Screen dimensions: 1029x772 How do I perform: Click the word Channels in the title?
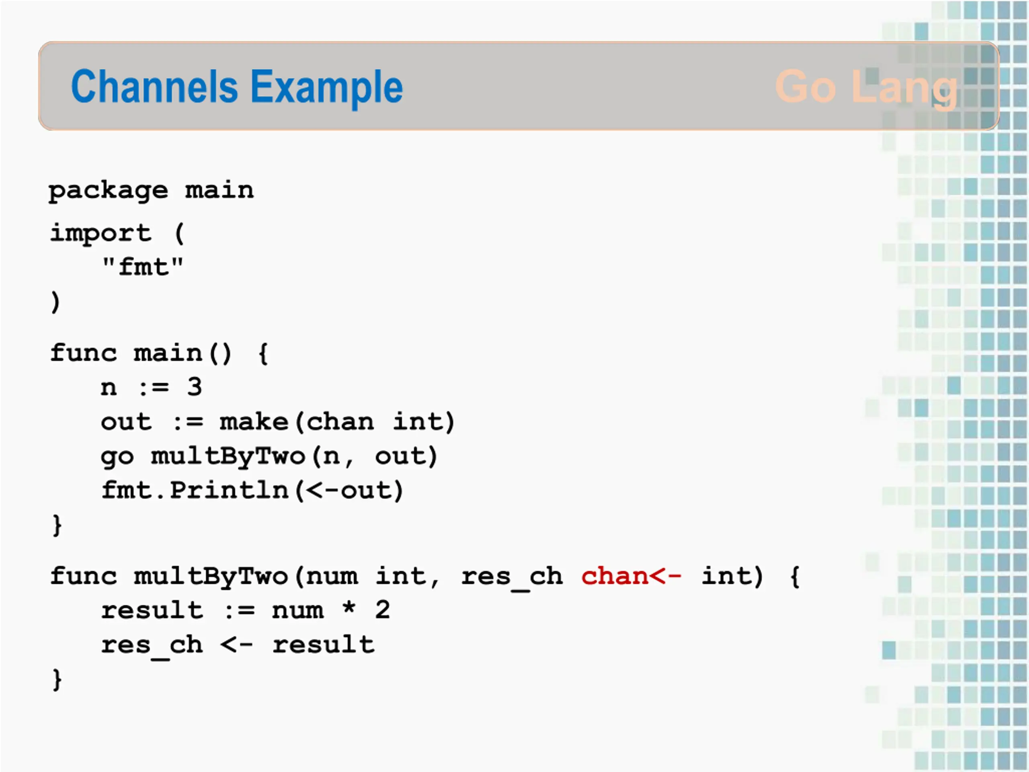[x=154, y=86]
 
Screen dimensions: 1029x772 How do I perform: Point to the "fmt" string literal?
[x=143, y=267]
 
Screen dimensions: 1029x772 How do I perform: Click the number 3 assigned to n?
[x=195, y=387]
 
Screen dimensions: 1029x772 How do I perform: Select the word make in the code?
[x=254, y=422]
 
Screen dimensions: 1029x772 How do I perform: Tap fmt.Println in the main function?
[x=195, y=490]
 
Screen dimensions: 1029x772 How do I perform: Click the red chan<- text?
[x=631, y=576]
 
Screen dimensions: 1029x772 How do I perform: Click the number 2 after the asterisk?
[x=382, y=610]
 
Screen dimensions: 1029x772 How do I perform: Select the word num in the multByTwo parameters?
[x=332, y=577]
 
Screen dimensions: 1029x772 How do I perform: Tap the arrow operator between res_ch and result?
[x=237, y=645]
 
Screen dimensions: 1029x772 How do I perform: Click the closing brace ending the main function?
[x=57, y=526]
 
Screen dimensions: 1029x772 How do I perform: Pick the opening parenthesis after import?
[x=180, y=233]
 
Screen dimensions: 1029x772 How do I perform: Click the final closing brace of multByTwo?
[x=57, y=680]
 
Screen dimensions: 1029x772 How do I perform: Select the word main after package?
[x=219, y=190]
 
